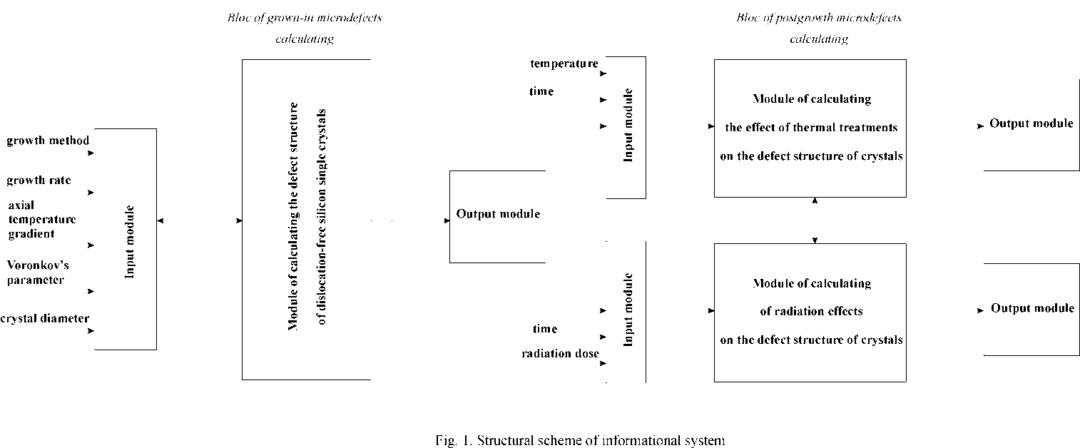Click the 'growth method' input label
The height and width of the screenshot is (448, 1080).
tap(48, 141)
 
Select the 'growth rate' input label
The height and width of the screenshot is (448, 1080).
tap(39, 180)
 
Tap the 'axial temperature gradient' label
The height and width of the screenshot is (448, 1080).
tap(41, 220)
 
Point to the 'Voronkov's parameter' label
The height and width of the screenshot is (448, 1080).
tap(38, 273)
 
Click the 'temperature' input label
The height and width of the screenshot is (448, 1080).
tap(564, 63)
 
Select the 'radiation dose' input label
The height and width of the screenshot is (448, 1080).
tap(560, 354)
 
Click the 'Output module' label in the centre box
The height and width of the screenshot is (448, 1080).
tap(498, 214)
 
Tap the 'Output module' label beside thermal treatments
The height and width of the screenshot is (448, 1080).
tap(1031, 123)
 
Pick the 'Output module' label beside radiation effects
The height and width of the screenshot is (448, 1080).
tap(1032, 308)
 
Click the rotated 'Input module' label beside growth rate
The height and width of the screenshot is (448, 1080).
tap(130, 242)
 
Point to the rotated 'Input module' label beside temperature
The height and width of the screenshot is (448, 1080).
tap(628, 126)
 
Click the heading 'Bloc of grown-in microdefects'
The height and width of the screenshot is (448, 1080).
tap(304, 17)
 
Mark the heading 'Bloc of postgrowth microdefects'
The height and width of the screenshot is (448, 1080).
tap(819, 17)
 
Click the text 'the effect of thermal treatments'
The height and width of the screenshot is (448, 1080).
tap(811, 128)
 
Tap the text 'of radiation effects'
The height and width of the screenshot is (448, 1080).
tap(811, 311)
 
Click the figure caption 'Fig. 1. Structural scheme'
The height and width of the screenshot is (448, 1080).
tap(579, 440)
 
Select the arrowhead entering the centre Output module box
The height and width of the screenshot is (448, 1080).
tap(447, 221)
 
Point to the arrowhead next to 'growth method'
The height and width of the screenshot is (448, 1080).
tap(91, 153)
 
